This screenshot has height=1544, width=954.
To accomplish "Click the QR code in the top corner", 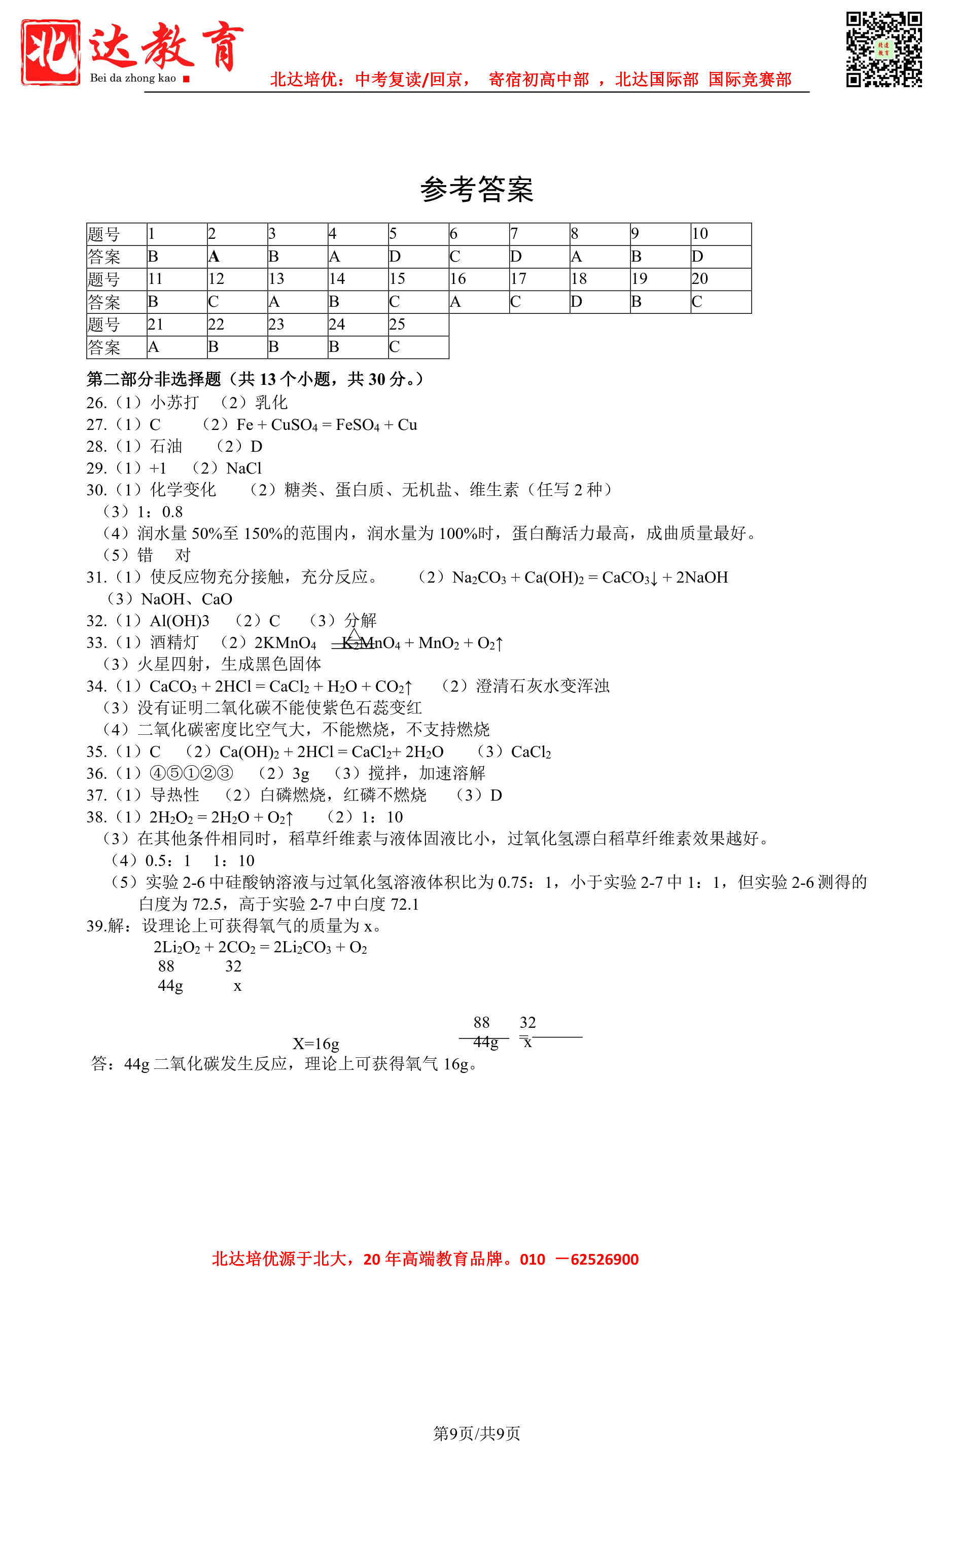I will pyautogui.click(x=884, y=49).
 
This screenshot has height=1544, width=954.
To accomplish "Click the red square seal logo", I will pyautogui.click(x=51, y=52).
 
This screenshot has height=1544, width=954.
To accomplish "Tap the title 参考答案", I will pyautogui.click(x=477, y=189).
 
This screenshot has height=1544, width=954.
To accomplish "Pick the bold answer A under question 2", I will pyautogui.click(x=214, y=257).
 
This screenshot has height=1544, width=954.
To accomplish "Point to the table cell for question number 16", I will pyautogui.click(x=478, y=279).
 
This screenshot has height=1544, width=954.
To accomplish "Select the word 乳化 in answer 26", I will pyautogui.click(x=271, y=403).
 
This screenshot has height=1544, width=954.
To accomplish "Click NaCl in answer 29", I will pyautogui.click(x=243, y=468).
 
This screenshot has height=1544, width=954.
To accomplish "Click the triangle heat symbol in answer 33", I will pyautogui.click(x=354, y=634).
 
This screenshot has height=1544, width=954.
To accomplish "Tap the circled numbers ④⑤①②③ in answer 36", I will pyautogui.click(x=191, y=773).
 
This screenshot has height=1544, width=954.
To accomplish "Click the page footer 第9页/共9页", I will pyautogui.click(x=476, y=1433).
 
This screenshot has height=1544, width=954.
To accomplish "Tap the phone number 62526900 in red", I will pyautogui.click(x=605, y=1259).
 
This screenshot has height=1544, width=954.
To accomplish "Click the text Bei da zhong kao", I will pyautogui.click(x=133, y=78).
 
